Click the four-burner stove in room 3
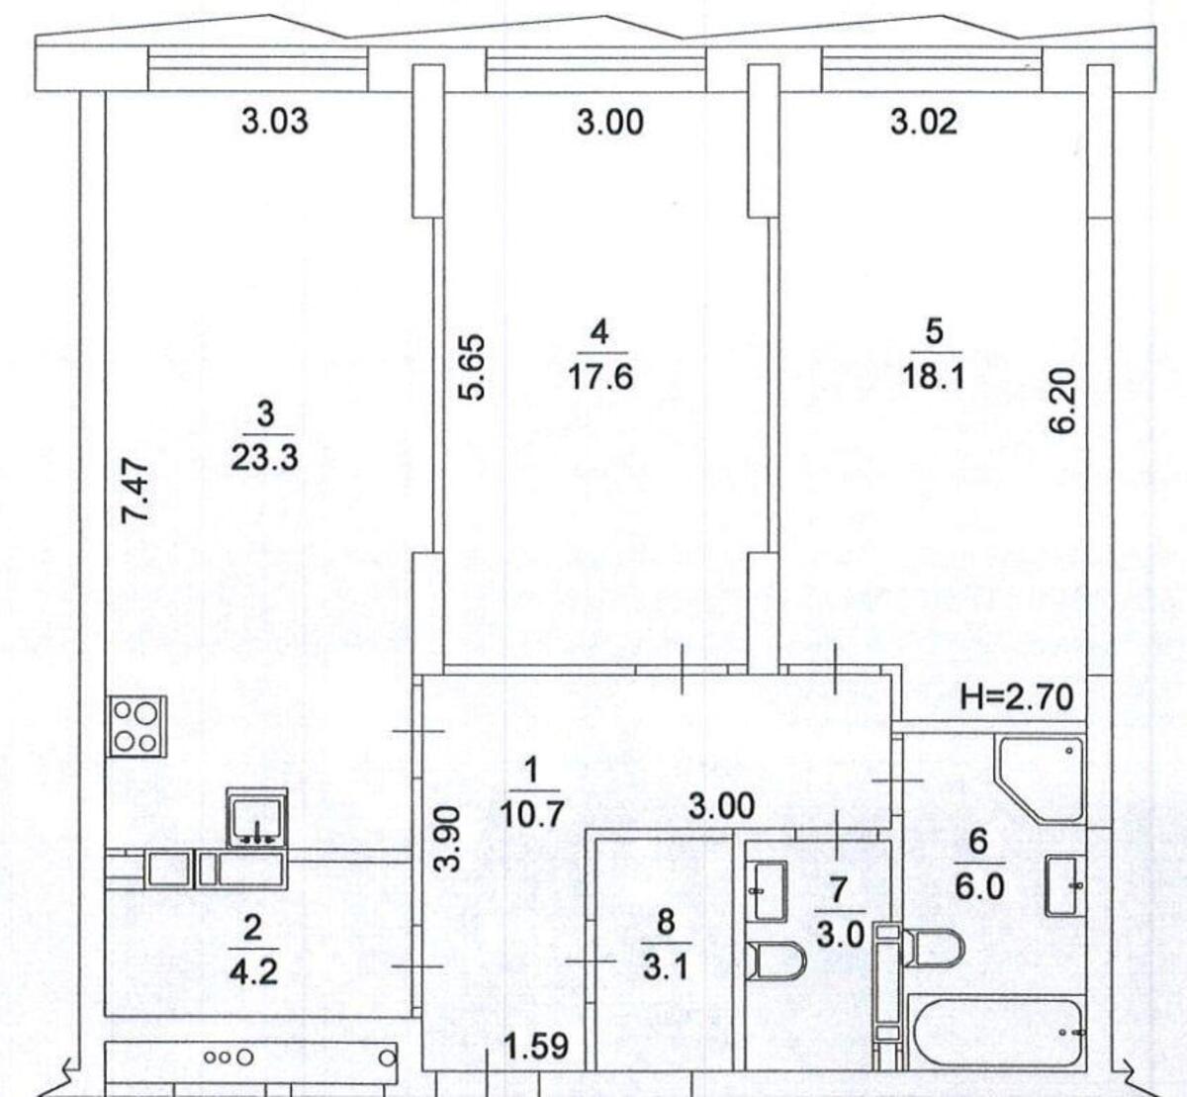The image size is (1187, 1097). click(137, 727)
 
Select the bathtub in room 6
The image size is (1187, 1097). click(994, 1031)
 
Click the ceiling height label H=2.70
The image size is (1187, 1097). click(1017, 697)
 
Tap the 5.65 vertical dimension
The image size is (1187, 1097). click(473, 367)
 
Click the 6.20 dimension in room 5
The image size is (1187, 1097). click(1061, 401)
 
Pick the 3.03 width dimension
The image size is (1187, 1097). click(274, 121)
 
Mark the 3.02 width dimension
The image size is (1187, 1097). click(924, 121)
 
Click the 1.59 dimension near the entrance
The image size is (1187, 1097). click(535, 1046)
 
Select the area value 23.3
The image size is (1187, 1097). click(264, 457)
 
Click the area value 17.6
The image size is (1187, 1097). click(600, 377)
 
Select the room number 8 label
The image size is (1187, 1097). click(666, 922)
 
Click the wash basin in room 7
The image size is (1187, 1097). click(769, 890)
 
